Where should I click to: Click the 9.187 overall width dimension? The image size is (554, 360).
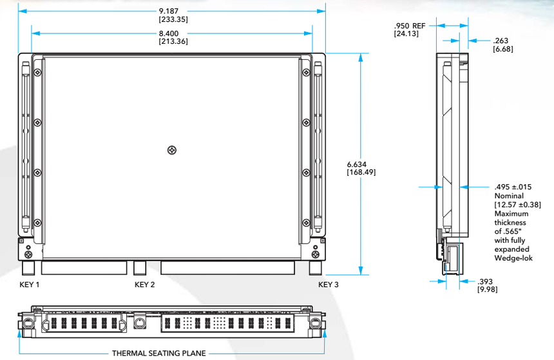tap(173, 11)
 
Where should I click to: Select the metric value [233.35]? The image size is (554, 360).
tap(173, 19)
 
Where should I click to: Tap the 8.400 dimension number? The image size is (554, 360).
tap(173, 33)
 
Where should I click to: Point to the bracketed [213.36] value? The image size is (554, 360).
tap(173, 41)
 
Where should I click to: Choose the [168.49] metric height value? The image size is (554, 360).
tap(361, 172)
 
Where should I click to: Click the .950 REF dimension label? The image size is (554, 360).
tap(410, 25)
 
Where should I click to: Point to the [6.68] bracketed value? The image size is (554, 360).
tap(503, 48)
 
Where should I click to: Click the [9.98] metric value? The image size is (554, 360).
tap(487, 290)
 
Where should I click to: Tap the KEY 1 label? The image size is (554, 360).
tap(30, 285)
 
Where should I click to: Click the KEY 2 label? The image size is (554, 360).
tap(145, 285)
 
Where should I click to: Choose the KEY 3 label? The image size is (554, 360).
tap(329, 285)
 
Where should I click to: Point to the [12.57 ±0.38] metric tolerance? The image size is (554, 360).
tap(517, 205)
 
